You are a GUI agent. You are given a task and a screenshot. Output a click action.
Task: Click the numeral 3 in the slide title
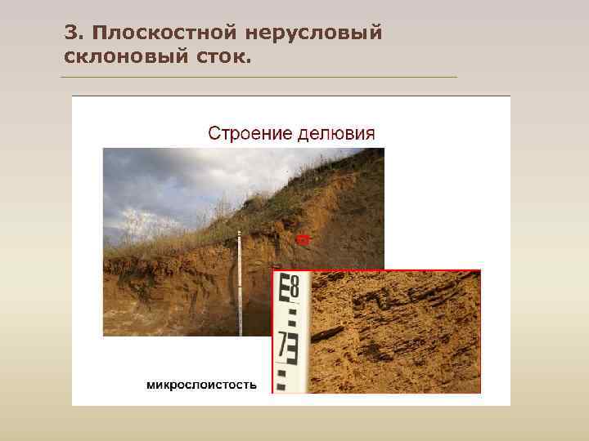pos(70,33)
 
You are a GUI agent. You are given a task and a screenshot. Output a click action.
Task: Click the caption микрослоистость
pos(201,384)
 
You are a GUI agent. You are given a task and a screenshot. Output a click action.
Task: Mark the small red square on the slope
pos(303,238)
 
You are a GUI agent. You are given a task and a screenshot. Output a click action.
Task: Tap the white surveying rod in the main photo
pos(240,286)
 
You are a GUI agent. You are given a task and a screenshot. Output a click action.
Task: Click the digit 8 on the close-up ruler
pos(295,287)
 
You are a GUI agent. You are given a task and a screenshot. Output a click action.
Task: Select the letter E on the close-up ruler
pos(284,287)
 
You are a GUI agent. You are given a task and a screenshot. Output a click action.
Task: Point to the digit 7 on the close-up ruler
pos(283,347)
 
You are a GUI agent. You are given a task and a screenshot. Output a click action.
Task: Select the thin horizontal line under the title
pos(259,78)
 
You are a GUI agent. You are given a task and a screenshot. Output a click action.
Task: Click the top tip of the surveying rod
pos(240,233)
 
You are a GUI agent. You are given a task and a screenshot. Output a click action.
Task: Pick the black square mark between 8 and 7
pos(288,316)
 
